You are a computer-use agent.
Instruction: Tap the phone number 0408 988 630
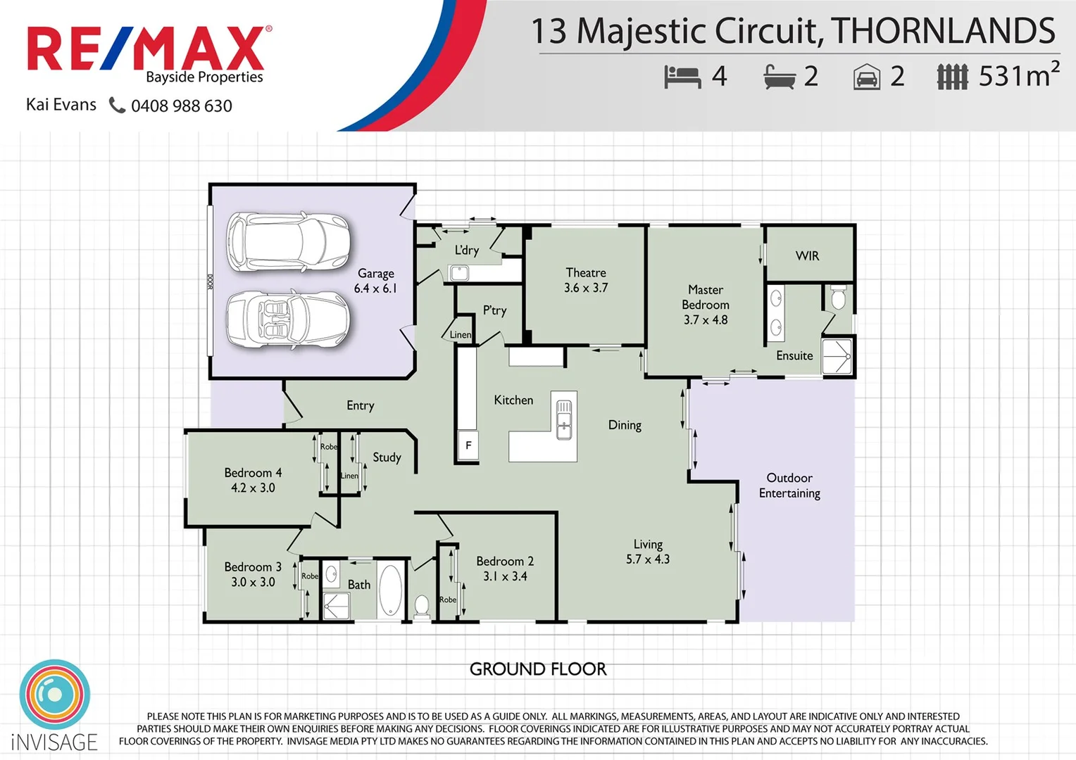point(181,106)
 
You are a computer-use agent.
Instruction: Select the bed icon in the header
point(682,77)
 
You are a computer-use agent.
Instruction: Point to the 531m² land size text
point(1018,75)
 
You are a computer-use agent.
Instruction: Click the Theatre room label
point(585,273)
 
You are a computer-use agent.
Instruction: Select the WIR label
point(807,256)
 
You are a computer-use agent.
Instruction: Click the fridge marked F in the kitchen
point(468,445)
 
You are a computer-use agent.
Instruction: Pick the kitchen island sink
point(564,419)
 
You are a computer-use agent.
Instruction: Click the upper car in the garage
point(288,242)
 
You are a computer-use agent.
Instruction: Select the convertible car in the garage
point(288,319)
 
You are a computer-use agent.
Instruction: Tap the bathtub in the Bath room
point(391,590)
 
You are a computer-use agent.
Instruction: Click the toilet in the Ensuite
point(837,298)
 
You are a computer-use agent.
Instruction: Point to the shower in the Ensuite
point(837,357)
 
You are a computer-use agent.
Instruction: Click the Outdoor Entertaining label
point(789,486)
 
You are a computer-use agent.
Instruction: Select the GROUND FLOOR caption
point(538,669)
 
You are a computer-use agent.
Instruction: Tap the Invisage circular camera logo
point(55,695)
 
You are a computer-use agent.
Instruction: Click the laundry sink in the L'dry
point(459,272)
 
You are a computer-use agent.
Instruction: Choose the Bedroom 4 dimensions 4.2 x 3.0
point(253,488)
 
